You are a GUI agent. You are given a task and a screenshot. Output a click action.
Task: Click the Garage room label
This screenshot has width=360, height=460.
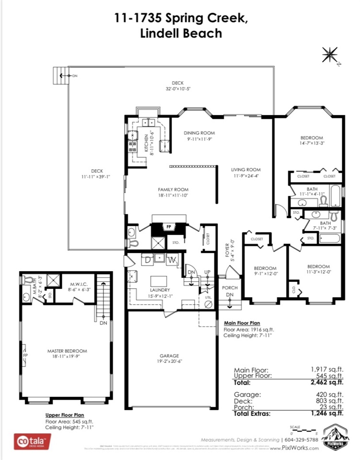click(169, 356)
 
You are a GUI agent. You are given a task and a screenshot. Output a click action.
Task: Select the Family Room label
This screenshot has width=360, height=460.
click(161, 189)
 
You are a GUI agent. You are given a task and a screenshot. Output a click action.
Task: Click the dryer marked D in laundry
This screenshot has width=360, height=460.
click(148, 260)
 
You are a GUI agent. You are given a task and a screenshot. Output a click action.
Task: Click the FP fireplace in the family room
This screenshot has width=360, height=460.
click(169, 227)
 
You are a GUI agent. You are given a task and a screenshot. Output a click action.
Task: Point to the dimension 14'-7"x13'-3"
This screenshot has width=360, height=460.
click(312, 143)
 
